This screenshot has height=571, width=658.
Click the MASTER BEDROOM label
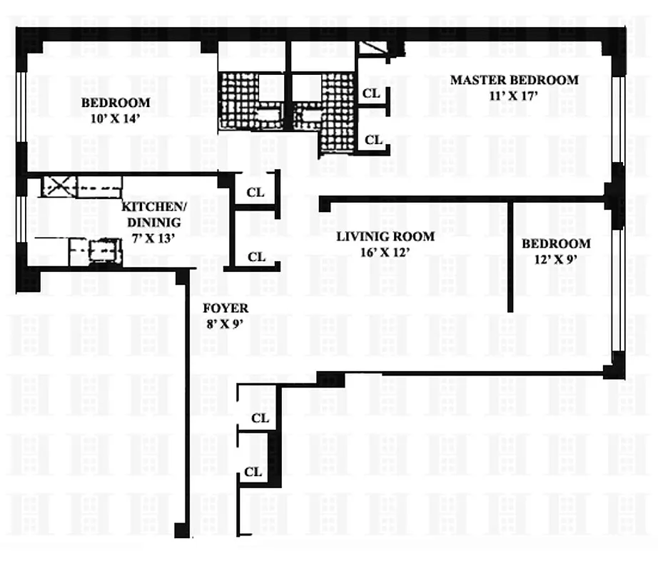pos(514,80)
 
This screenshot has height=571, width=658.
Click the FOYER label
pos(226,308)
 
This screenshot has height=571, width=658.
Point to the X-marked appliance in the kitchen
pos(59,187)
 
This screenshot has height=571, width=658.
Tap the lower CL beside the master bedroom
pos(373,140)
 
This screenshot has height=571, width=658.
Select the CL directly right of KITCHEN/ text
pos(255,193)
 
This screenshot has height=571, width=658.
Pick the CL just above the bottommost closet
pos(260,418)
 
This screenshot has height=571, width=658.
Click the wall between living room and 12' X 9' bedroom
pos(510,257)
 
